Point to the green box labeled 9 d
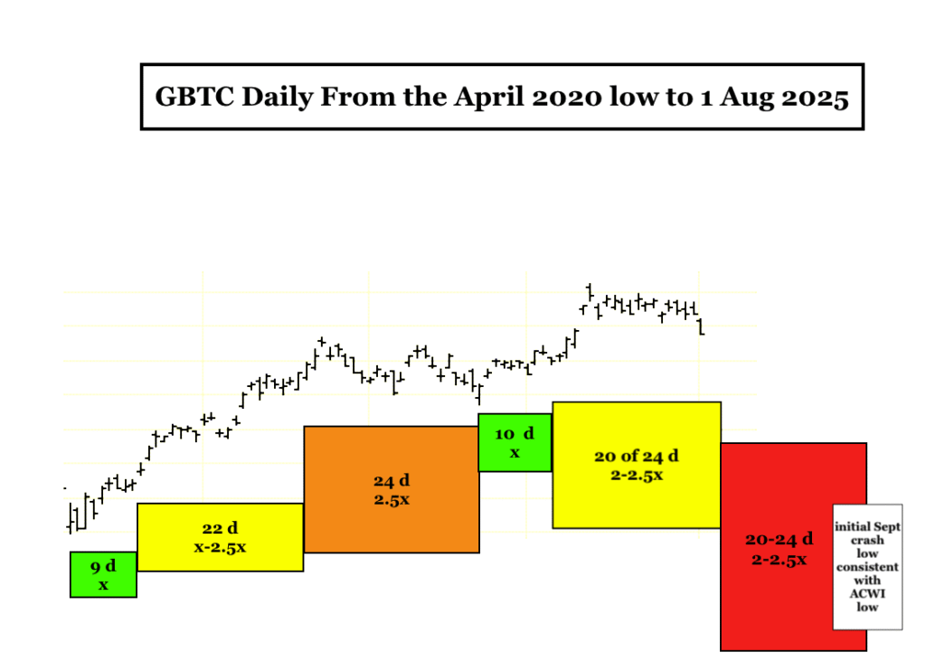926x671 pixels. pyautogui.click(x=103, y=575)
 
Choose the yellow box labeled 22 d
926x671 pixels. pyautogui.click(x=221, y=537)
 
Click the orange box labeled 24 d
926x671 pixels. pyautogui.click(x=392, y=489)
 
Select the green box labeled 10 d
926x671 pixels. pyautogui.click(x=515, y=442)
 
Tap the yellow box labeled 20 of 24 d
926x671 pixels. pyautogui.click(x=637, y=465)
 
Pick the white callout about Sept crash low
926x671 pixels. pyautogui.click(x=867, y=567)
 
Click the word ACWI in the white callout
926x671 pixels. pyautogui.click(x=867, y=593)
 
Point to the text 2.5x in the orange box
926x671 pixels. pyautogui.click(x=392, y=500)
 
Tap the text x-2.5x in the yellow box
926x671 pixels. pyautogui.click(x=221, y=547)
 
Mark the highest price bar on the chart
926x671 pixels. pyautogui.click(x=589, y=291)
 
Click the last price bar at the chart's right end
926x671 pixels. pyautogui.click(x=701, y=326)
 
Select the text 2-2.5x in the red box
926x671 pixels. pyautogui.click(x=779, y=560)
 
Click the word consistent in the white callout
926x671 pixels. pyautogui.click(x=867, y=567)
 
